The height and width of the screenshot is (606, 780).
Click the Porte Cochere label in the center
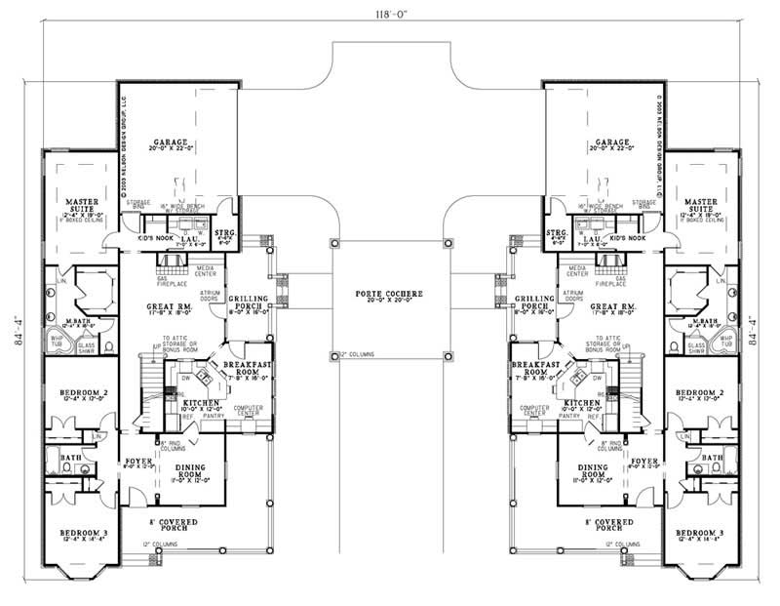pos(390,294)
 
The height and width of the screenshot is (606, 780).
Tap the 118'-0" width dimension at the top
pos(390,15)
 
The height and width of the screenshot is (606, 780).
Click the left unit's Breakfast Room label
pos(240,367)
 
